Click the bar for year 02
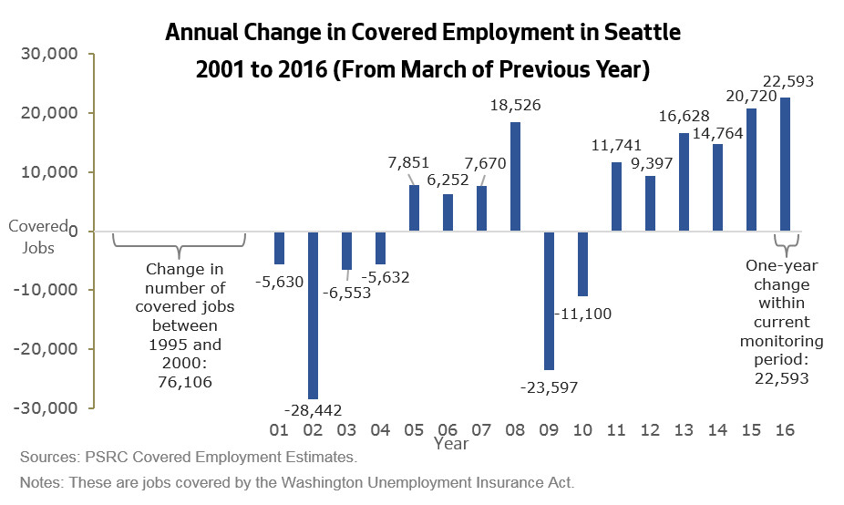313,314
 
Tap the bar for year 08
515,176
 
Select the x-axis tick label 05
414,428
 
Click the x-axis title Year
451,444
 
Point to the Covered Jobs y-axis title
38,236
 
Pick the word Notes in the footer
39,482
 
